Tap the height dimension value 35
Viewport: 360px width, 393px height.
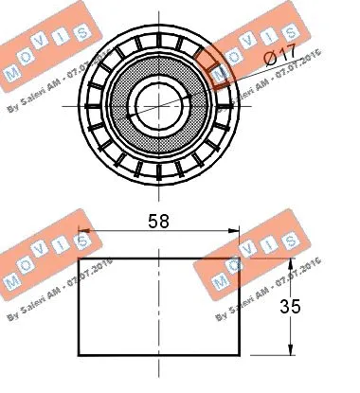pyautogui.click(x=317, y=308)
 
